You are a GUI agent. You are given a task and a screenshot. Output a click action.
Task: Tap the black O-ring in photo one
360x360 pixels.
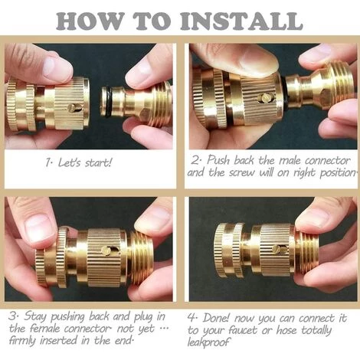(x=107, y=100)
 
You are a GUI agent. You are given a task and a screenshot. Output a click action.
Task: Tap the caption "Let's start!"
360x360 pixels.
(x=80, y=163)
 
